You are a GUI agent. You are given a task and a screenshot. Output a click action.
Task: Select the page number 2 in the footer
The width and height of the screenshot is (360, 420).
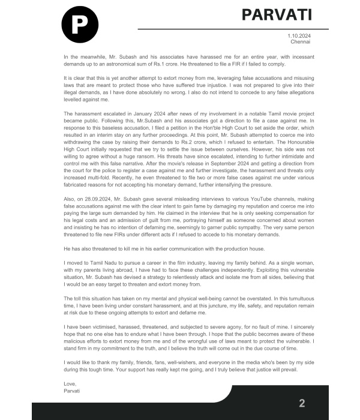302,403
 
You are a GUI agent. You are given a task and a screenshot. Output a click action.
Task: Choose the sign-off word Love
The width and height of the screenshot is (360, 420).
70,383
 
